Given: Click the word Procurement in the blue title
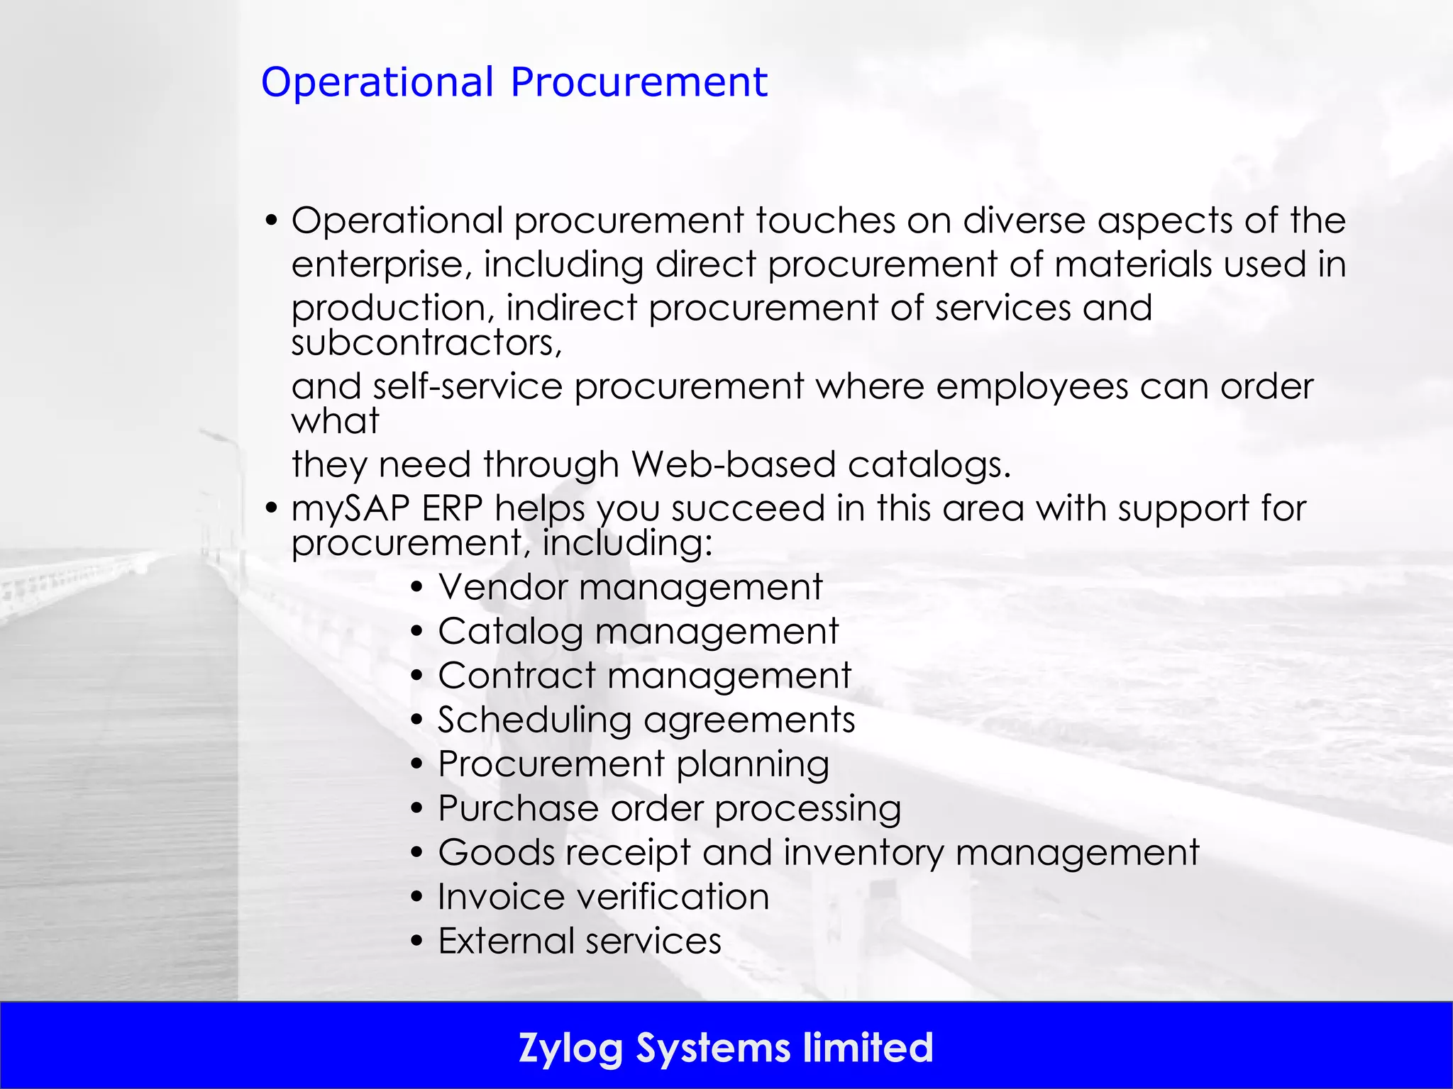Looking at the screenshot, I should [639, 82].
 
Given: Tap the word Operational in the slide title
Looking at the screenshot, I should [377, 82].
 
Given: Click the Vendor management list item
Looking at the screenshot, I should [630, 588].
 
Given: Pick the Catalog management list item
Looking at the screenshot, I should [638, 632].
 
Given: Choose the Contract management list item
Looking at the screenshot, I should [644, 676].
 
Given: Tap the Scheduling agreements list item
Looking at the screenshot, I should [646, 720].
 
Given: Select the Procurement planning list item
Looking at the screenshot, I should [634, 764].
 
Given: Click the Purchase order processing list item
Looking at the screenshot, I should [669, 808].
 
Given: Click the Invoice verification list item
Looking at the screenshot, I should [603, 897].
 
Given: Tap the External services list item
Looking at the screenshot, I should [580, 942].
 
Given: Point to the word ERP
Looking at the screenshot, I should [452, 508].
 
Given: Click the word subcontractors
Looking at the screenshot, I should [426, 343].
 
